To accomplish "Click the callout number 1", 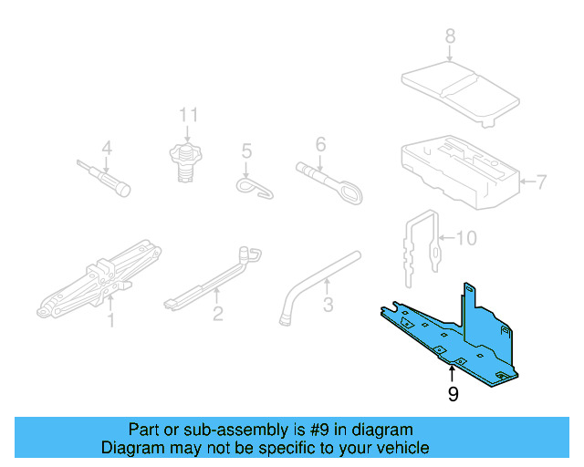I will [110, 320].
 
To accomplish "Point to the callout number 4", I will [106, 149].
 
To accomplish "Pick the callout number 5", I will [245, 150].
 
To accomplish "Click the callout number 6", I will [320, 144].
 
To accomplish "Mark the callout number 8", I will [449, 37].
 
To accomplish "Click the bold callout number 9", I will [452, 394].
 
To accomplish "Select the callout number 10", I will [465, 239].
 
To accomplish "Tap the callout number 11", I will [188, 115].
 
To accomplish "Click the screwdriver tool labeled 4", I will [105, 177].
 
